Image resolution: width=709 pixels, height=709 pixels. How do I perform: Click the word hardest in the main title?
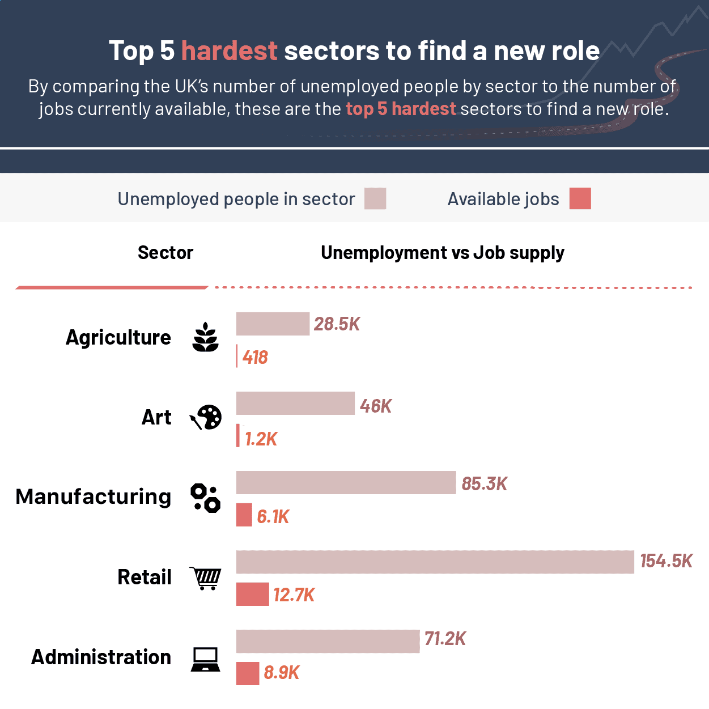coord(229,51)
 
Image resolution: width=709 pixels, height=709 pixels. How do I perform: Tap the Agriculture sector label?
coord(118,337)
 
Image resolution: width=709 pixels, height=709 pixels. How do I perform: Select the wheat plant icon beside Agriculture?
coord(205,338)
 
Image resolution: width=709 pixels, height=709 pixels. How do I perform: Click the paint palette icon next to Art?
coord(206,418)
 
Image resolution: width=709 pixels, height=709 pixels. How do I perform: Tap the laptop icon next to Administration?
coord(205,659)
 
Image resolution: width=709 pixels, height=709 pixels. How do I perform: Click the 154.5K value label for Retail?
coord(666,561)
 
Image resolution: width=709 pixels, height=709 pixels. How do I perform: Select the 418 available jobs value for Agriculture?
coord(255,357)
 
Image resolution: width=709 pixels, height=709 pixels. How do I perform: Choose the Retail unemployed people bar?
coord(435,562)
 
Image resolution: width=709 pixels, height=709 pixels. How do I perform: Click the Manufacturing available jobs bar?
coord(244,515)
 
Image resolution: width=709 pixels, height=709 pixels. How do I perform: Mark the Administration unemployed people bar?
coord(328,641)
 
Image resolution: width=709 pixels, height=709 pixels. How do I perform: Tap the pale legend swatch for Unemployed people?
coord(375,199)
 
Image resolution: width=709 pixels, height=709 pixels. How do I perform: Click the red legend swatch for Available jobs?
coord(580,198)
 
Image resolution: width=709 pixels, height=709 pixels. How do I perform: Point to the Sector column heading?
coord(165,253)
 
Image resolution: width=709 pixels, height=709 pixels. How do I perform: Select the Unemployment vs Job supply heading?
coord(442,253)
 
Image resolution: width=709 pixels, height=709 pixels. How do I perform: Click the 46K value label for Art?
coord(375,406)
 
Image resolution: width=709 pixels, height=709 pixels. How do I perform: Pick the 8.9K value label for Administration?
coord(281,673)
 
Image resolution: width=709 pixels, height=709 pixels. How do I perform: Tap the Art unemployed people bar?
coord(295,403)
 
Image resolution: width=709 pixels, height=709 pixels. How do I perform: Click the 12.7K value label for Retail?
coord(294,595)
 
